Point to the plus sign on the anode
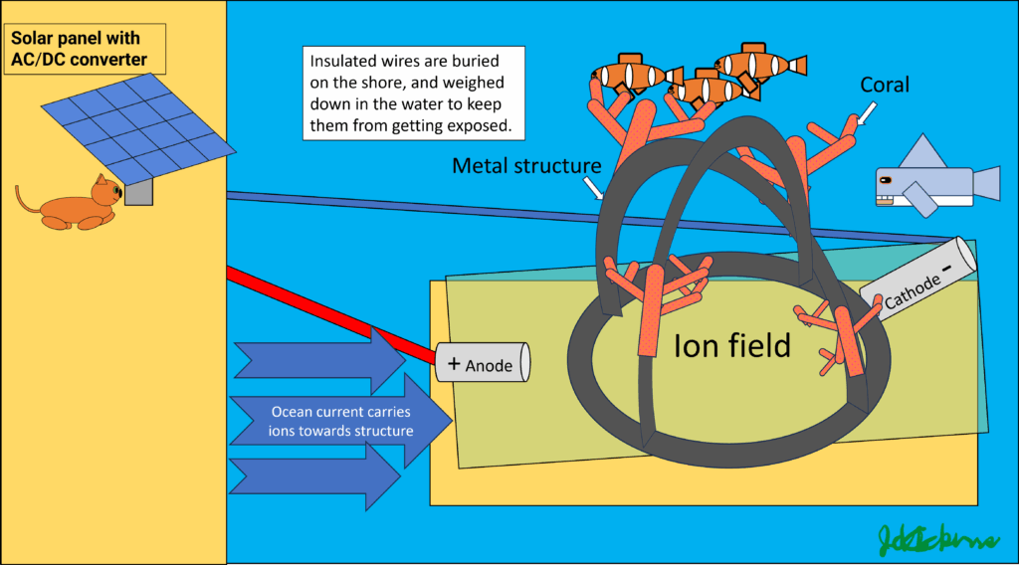point(454,364)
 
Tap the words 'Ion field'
point(731,345)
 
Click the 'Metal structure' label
point(526,165)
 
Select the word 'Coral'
point(885,86)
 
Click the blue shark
point(930,184)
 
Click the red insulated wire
point(328,307)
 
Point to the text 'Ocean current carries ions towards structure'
point(340,421)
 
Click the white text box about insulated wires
point(413,93)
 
